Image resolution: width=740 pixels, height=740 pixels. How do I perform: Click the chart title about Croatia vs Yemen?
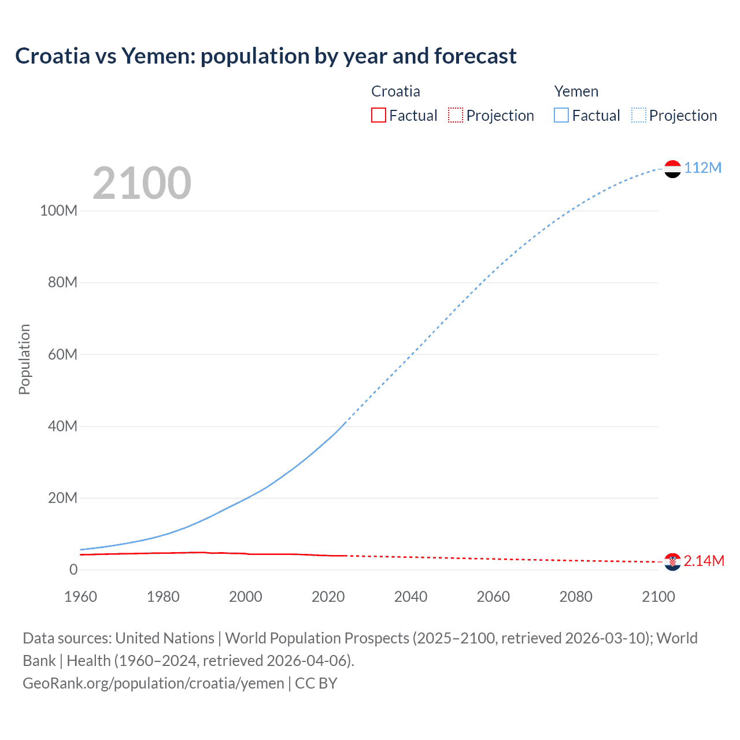pyautogui.click(x=266, y=56)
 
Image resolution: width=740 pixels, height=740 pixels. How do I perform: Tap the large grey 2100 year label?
pyautogui.click(x=142, y=183)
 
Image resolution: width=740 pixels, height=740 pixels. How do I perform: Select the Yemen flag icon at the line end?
pyautogui.click(x=672, y=169)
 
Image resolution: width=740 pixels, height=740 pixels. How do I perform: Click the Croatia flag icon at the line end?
pyautogui.click(x=672, y=561)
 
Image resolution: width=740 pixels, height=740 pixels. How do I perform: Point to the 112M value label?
pyautogui.click(x=702, y=168)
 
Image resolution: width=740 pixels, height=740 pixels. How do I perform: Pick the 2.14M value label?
pyautogui.click(x=704, y=561)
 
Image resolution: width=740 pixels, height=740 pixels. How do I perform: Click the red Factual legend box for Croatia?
pyautogui.click(x=379, y=115)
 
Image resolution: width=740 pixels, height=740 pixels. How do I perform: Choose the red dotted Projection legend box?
pyautogui.click(x=456, y=115)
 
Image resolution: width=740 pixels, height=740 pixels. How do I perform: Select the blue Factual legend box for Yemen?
pyautogui.click(x=561, y=115)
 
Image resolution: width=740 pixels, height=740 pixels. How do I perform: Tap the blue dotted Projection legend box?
pyautogui.click(x=638, y=115)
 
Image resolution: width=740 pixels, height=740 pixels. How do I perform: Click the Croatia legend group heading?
pyautogui.click(x=395, y=91)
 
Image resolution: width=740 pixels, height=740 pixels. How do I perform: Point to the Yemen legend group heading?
pyautogui.click(x=576, y=91)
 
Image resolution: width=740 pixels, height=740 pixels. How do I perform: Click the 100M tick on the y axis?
pyautogui.click(x=58, y=210)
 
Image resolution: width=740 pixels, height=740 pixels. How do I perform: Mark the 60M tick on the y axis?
pyautogui.click(x=62, y=354)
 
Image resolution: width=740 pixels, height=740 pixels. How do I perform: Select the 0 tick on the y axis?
pyautogui.click(x=73, y=570)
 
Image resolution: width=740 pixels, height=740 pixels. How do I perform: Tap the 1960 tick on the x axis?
pyautogui.click(x=80, y=597)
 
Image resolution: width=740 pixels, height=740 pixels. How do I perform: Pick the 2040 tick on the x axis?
pyautogui.click(x=410, y=597)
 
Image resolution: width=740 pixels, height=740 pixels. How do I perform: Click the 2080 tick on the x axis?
pyautogui.click(x=576, y=597)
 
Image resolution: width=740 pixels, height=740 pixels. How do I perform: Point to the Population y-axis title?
pyautogui.click(x=24, y=359)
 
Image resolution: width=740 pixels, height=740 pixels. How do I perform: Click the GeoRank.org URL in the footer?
pyautogui.click(x=153, y=683)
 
